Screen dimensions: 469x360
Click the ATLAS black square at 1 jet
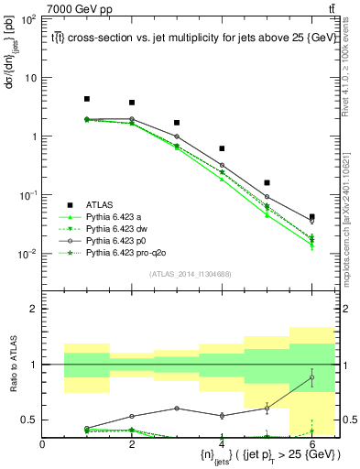(x=87, y=99)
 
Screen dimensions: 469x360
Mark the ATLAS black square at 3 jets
(x=177, y=123)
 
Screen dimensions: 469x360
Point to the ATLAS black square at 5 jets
(x=267, y=183)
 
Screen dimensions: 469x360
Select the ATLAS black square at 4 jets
(x=222, y=148)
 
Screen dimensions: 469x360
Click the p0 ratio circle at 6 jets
(x=311, y=377)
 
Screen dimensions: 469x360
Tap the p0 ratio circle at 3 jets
(x=177, y=409)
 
